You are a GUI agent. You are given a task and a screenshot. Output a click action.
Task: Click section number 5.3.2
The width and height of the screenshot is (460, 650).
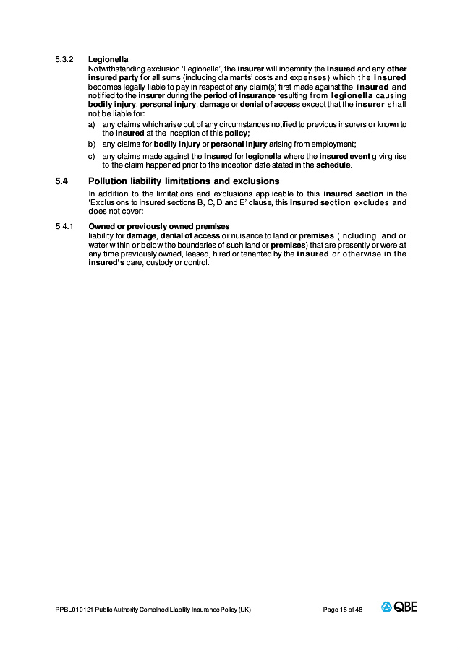64,58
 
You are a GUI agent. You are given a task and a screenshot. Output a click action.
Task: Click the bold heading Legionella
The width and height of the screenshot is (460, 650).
108,58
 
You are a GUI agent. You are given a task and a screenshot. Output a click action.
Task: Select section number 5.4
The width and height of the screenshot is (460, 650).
61,181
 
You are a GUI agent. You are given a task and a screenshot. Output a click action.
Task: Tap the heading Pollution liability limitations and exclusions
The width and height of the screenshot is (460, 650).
184,181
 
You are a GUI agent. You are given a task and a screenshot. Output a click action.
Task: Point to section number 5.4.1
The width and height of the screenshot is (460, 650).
64,227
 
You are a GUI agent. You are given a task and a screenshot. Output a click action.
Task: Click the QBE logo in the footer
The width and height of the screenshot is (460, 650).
399,607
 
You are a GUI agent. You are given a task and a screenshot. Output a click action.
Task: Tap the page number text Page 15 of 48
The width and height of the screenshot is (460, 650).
343,610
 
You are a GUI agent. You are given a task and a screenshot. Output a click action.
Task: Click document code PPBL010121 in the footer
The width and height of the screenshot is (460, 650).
73,610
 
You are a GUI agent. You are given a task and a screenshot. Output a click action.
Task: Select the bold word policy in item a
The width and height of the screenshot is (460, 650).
237,134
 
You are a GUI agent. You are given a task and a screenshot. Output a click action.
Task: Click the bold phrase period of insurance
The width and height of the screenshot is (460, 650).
248,96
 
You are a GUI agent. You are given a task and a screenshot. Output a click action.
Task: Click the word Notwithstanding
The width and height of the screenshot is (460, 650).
113,68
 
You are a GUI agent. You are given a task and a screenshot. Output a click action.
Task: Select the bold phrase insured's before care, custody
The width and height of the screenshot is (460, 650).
107,262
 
